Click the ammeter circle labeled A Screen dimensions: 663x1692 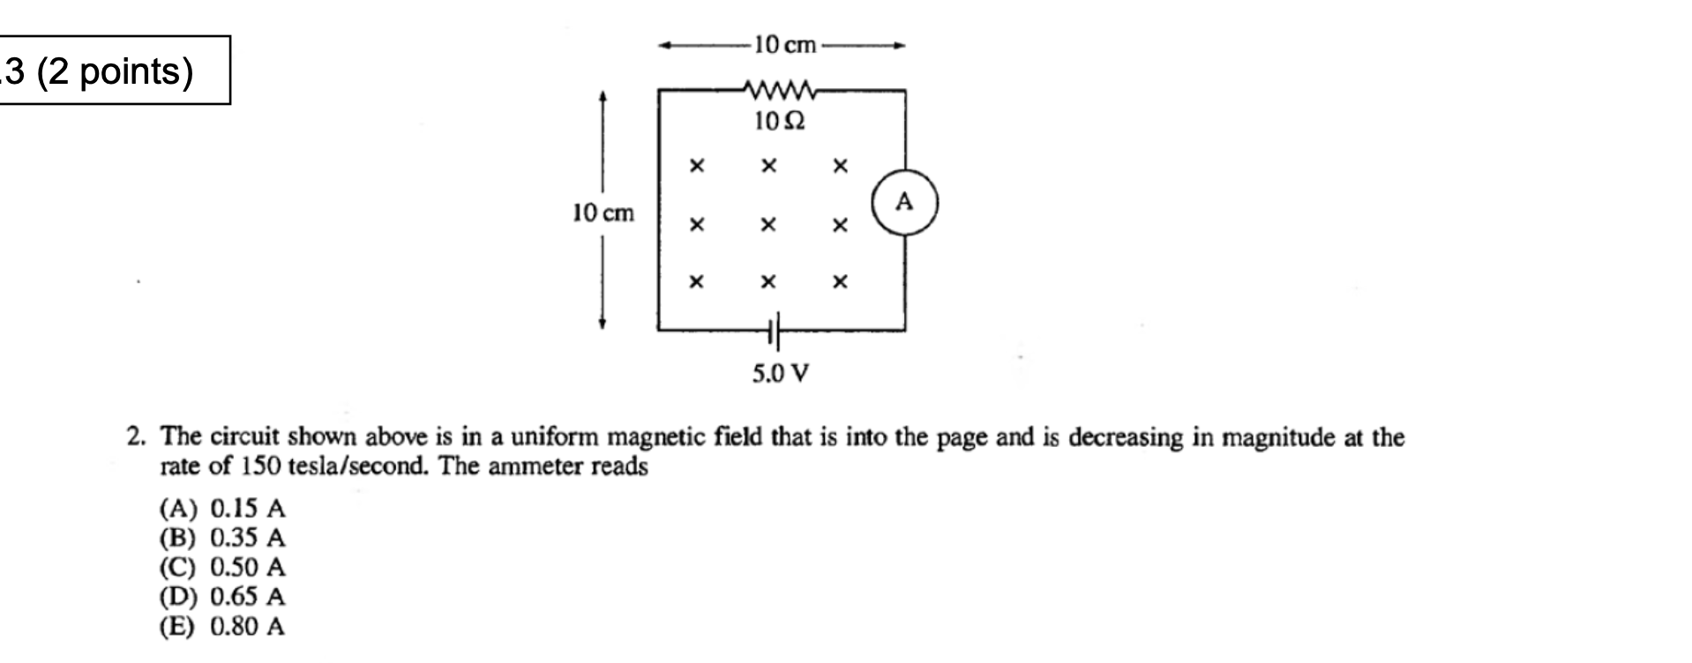coord(904,204)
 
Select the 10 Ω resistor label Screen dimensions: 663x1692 coord(780,122)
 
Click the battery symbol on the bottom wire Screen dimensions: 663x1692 coord(775,331)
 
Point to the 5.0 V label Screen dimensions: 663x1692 coord(780,374)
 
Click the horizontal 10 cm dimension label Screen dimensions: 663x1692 coord(785,45)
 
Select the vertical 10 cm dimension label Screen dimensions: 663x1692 coord(603,213)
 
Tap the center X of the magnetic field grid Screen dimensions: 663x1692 coord(768,225)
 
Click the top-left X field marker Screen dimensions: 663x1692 coord(697,166)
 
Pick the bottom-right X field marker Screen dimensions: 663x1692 coord(840,282)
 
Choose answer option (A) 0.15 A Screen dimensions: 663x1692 coord(222,509)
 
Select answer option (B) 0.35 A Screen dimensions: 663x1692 coord(222,538)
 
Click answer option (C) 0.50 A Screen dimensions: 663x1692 coord(222,567)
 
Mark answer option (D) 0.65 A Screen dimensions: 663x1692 coord(222,597)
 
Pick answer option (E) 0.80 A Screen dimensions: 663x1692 coord(222,627)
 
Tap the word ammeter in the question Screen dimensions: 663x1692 coord(535,466)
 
